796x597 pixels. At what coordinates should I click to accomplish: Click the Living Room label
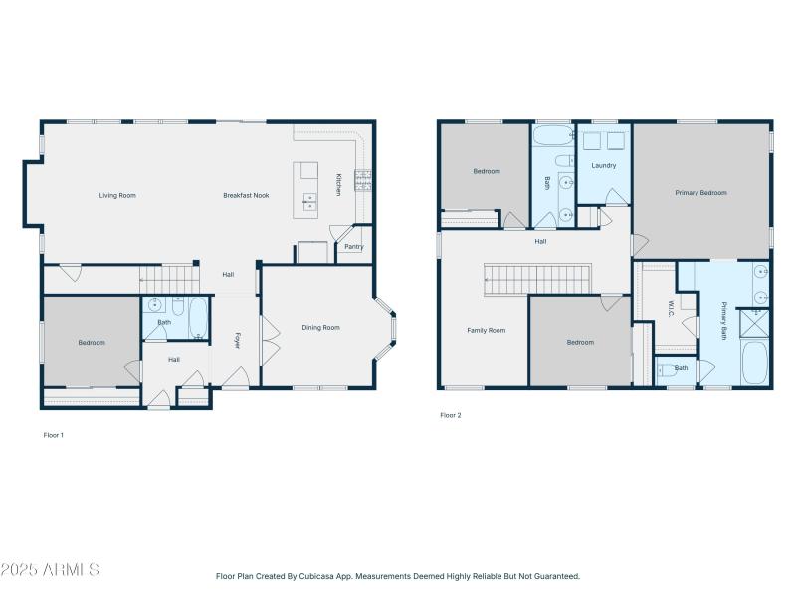(117, 195)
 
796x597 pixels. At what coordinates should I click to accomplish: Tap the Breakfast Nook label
(246, 195)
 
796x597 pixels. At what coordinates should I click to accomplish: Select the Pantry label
(354, 247)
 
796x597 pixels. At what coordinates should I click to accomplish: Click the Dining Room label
(320, 328)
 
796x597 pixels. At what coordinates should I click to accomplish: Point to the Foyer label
(237, 341)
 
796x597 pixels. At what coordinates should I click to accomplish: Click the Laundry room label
(604, 165)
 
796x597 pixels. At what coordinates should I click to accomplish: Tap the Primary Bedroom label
(701, 193)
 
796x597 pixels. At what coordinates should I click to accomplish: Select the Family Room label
(487, 331)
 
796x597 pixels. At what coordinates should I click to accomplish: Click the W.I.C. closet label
(671, 309)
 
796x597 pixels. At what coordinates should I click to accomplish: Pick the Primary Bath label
(724, 320)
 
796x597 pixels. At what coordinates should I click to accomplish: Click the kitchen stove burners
(363, 180)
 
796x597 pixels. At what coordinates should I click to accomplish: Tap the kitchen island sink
(309, 201)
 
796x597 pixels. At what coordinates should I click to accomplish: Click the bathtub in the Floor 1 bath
(198, 318)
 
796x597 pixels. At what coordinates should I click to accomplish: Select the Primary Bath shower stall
(754, 323)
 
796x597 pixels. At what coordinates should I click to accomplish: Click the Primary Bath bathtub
(754, 363)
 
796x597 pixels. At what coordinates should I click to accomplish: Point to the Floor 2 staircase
(537, 279)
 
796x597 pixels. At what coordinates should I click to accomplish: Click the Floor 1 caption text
(54, 435)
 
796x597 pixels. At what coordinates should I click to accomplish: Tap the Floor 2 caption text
(451, 415)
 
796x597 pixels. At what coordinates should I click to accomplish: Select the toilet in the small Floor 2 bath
(667, 370)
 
